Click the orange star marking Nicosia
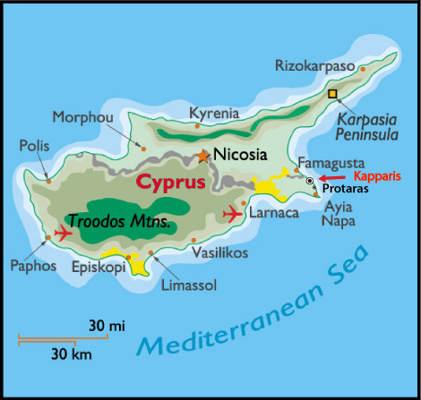pyautogui.click(x=203, y=156)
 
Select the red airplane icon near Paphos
pyautogui.click(x=63, y=233)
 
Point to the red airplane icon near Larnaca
pyautogui.click(x=232, y=214)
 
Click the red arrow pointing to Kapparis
pyautogui.click(x=335, y=179)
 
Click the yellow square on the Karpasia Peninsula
pyautogui.click(x=333, y=94)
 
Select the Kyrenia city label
pyautogui.click(x=214, y=113)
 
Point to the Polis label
pyautogui.click(x=31, y=145)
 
